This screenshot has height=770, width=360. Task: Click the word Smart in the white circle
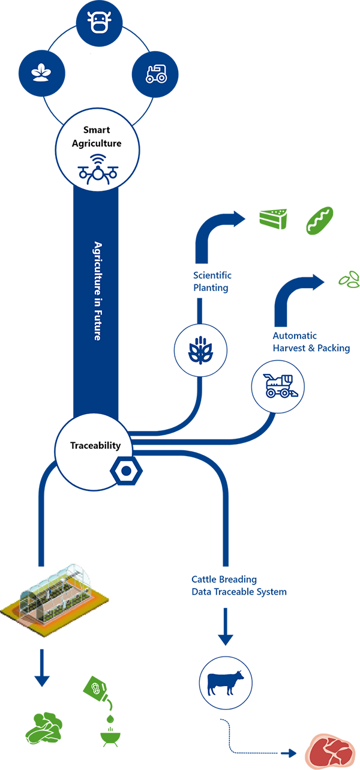coord(97,130)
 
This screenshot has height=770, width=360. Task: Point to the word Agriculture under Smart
coord(97,143)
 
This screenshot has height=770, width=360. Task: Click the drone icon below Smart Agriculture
coord(98,170)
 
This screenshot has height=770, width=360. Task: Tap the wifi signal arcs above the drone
coord(98,158)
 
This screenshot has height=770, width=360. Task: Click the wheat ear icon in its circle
coord(200,350)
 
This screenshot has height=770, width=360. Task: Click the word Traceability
coord(95,446)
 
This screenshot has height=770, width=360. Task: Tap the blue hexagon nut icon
coord(125,471)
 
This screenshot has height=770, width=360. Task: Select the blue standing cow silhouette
coord(225,683)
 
